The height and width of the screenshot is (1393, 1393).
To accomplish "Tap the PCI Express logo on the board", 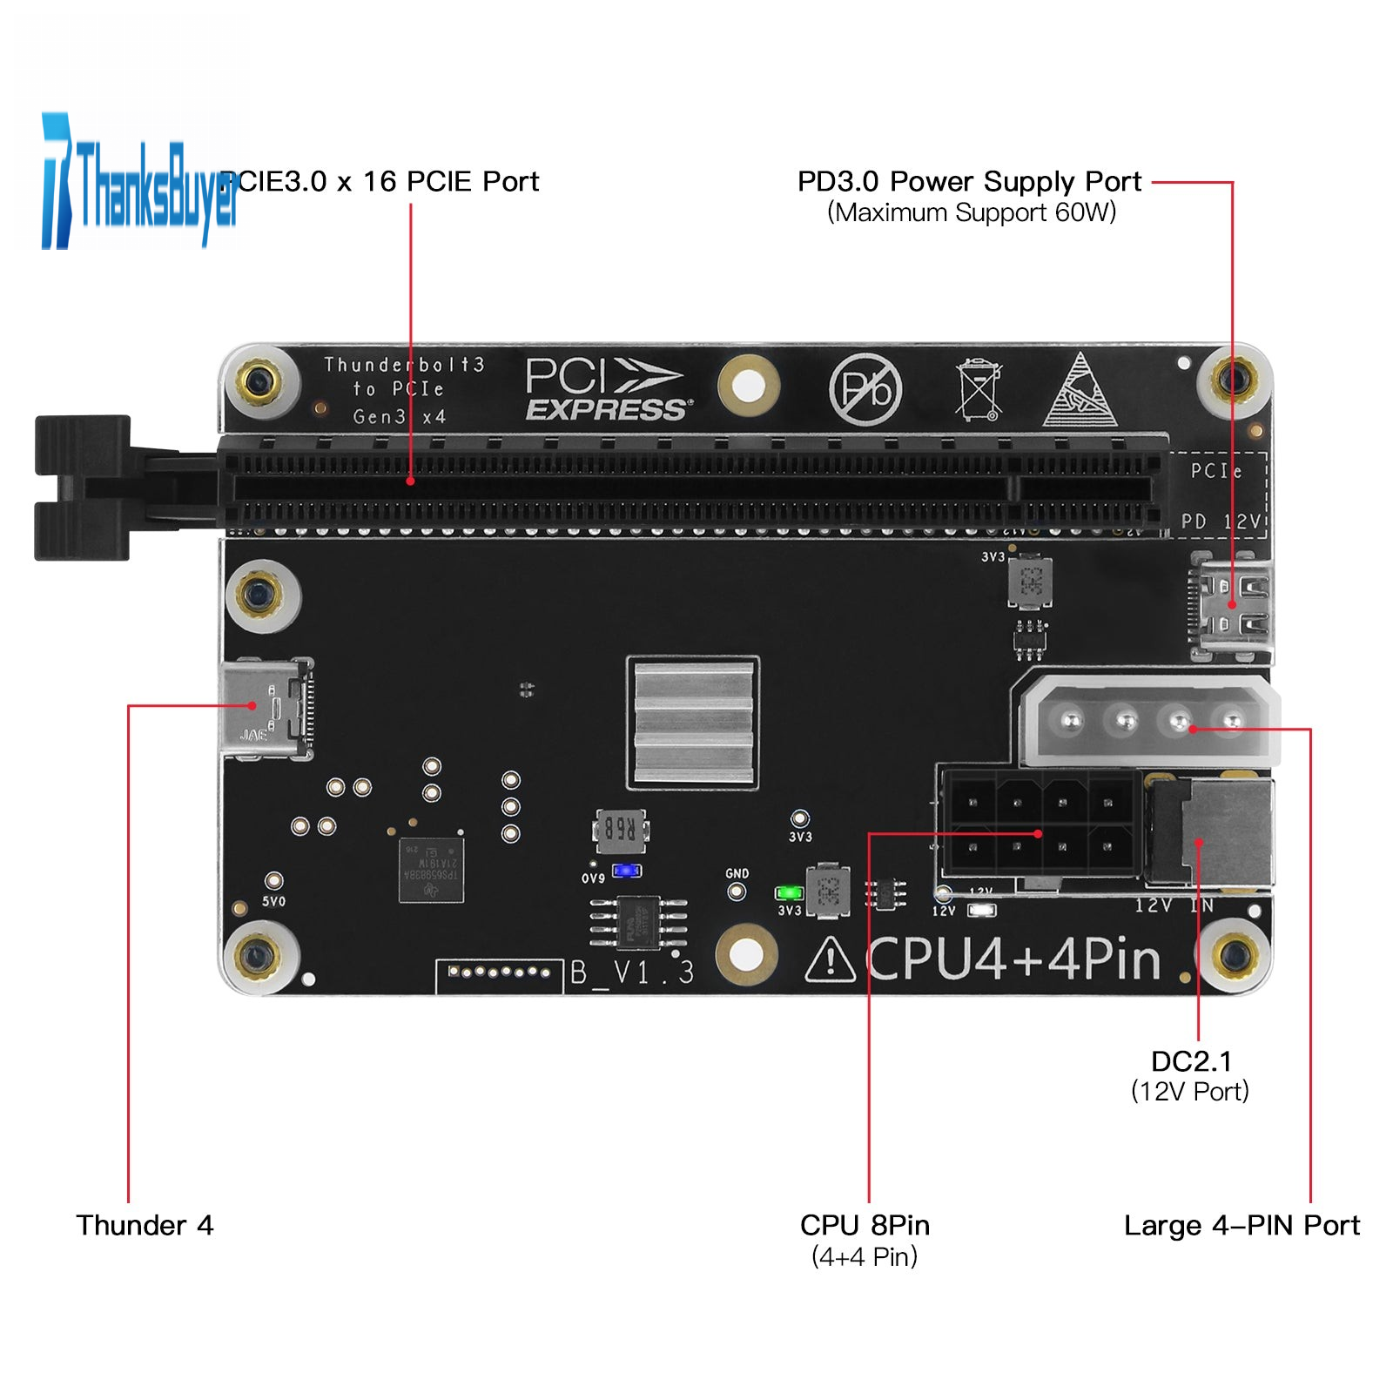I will [x=607, y=390].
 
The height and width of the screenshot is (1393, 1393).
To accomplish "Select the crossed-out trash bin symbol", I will [x=978, y=389].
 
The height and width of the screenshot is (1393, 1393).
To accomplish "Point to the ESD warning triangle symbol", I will [x=1080, y=392].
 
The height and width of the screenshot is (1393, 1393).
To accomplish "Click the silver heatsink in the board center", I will [x=693, y=722].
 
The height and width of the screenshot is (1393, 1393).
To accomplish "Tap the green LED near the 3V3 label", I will [x=789, y=893].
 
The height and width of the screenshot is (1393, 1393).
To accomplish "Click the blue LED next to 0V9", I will [x=627, y=871].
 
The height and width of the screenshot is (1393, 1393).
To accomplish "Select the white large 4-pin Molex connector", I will [x=1147, y=721].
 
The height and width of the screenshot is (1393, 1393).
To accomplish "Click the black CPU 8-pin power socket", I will [x=1040, y=824].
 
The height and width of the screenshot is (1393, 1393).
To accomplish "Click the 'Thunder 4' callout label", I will [x=145, y=1226].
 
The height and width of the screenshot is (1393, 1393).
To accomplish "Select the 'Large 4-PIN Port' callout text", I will [x=1242, y=1226].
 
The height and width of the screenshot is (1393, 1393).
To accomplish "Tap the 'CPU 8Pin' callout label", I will [x=865, y=1226].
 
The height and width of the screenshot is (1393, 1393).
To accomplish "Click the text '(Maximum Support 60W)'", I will [x=972, y=213].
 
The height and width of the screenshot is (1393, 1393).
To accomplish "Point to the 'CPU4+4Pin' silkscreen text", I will [x=1014, y=960].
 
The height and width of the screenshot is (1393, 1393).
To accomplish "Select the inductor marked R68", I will [x=620, y=829].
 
